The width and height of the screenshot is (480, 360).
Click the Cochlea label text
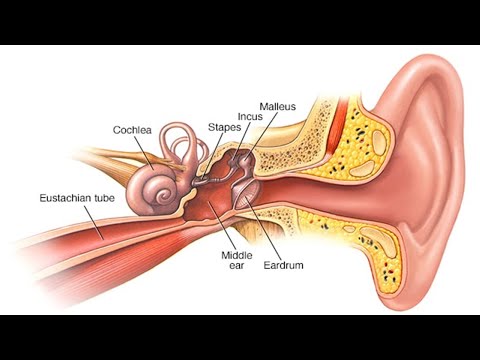tap(132, 130)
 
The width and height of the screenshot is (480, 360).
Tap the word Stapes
tap(224, 127)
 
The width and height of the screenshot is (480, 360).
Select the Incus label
tap(250, 117)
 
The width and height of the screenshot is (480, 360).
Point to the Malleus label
tap(278, 107)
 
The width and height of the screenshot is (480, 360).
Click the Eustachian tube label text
tap(77, 198)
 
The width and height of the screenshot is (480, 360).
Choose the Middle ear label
tap(237, 260)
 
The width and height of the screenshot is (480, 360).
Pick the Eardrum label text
tap(284, 265)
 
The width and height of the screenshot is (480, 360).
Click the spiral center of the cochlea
tap(164, 195)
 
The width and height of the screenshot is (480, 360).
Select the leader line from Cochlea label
tap(144, 153)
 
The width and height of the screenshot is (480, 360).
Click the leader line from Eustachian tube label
tap(94, 222)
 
